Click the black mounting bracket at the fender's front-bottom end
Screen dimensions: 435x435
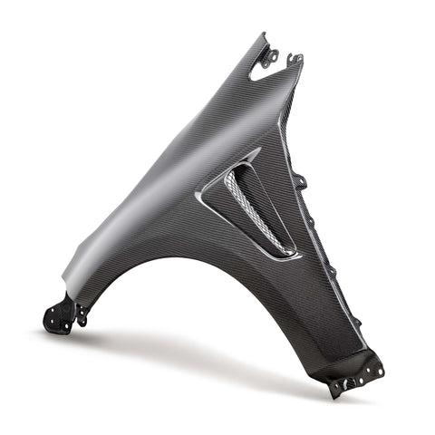click(x=60, y=314)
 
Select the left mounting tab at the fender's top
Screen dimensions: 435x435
click(x=269, y=55)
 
